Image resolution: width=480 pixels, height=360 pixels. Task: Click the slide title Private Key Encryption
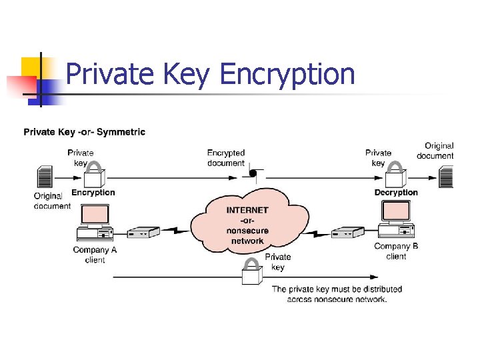[x=211, y=74]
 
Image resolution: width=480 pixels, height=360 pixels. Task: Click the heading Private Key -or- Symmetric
[x=84, y=132]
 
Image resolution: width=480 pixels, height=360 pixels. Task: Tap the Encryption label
[x=93, y=193]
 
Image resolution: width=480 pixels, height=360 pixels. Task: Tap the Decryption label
[x=396, y=193]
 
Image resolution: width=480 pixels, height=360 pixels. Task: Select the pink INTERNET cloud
[x=248, y=220]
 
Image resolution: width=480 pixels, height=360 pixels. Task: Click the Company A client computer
[x=95, y=223]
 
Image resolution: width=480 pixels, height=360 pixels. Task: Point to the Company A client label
[x=95, y=255]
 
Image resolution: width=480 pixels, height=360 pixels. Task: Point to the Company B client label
[x=396, y=251]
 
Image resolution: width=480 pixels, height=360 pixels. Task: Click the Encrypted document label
[x=226, y=158]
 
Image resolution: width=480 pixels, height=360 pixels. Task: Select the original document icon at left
[x=45, y=178]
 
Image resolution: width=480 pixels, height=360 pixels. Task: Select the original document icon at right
[x=446, y=177]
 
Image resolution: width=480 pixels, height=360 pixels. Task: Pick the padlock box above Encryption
[x=94, y=176]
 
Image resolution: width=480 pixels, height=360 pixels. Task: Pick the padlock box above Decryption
[x=396, y=176]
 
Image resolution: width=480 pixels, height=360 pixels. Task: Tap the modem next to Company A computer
[x=143, y=233]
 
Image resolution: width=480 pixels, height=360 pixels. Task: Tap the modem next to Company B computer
[x=347, y=233]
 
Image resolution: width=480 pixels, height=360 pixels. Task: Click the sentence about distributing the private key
[x=337, y=294]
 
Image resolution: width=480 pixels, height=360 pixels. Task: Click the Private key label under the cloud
[x=278, y=262]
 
